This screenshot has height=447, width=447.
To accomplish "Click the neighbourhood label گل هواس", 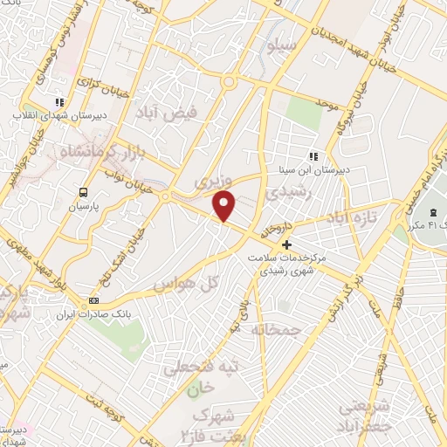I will pyautogui.click(x=184, y=285).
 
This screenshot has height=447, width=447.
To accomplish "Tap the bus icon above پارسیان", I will pyautogui.click(x=82, y=193).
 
